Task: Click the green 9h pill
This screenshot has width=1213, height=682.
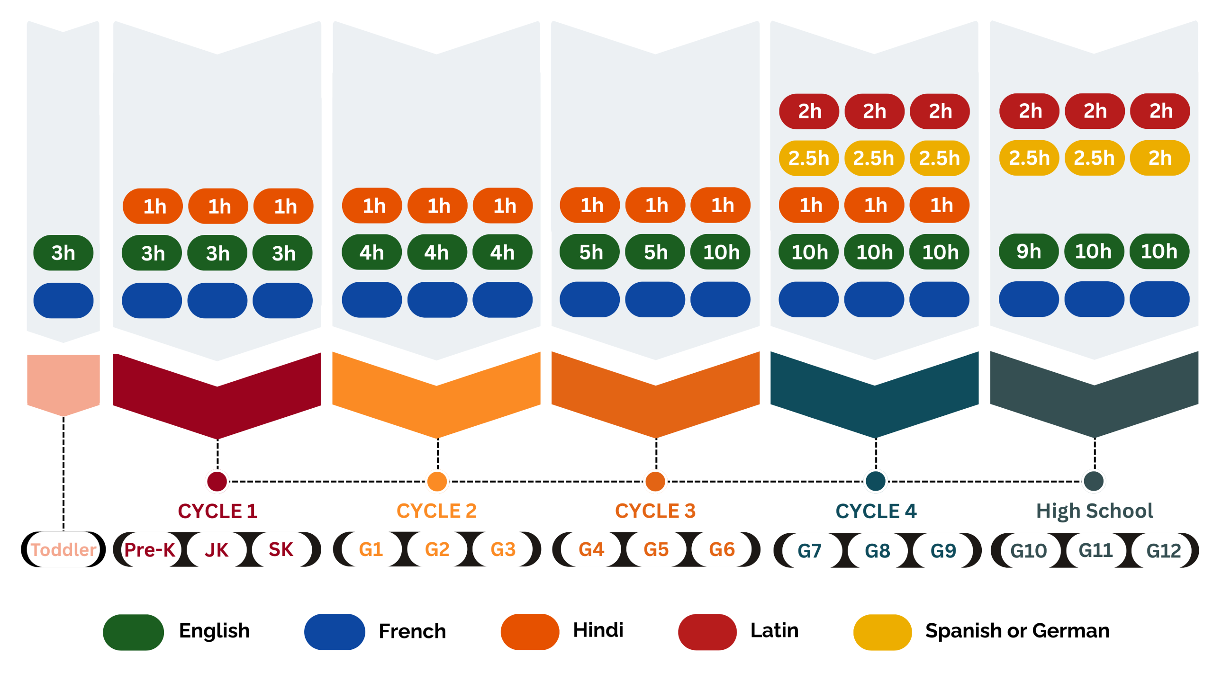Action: tap(1028, 251)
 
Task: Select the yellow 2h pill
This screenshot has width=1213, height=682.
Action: tap(1159, 158)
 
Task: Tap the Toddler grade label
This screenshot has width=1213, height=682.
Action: tap(63, 549)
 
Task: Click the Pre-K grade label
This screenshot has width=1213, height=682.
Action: tap(150, 549)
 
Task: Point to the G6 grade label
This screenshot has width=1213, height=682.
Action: tap(722, 549)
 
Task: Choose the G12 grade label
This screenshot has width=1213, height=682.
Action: tap(1163, 550)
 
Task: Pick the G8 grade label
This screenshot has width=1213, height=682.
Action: tap(877, 550)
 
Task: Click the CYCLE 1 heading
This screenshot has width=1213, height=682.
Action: tap(217, 511)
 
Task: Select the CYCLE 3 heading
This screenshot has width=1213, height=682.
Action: tap(655, 511)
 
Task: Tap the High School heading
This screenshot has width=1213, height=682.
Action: tap(1094, 511)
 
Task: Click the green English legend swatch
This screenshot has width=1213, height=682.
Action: tap(134, 632)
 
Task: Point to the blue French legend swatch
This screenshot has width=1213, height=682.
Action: tap(335, 632)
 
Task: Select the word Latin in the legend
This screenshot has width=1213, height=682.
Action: tap(774, 630)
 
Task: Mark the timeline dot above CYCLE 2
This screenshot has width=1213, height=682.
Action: tap(437, 481)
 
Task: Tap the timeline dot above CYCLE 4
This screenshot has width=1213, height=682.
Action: tap(875, 481)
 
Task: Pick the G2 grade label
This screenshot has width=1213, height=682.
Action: tap(437, 549)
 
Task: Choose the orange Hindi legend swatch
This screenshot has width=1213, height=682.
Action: tap(530, 632)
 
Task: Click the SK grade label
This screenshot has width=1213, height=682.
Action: tap(281, 549)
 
